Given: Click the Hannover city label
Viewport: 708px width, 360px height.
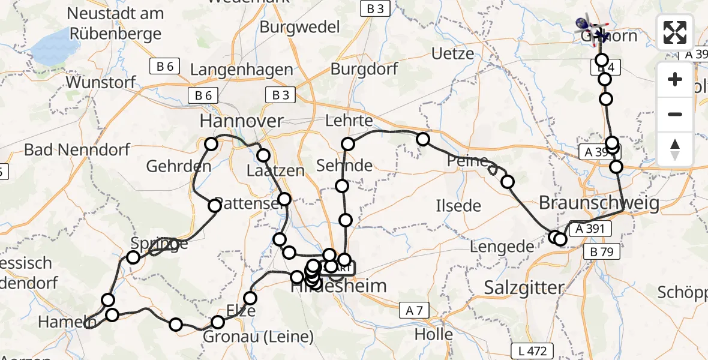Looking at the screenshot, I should point(241,122).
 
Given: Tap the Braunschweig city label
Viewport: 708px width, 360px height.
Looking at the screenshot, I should point(599,203).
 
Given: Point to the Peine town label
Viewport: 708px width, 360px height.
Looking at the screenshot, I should point(467,161).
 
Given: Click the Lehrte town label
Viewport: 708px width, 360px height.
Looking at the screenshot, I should point(349,121).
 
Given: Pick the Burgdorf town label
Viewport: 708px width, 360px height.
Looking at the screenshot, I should point(361,69).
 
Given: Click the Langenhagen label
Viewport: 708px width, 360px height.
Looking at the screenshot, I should point(241,70).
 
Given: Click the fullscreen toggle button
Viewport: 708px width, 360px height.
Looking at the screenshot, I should point(675,32).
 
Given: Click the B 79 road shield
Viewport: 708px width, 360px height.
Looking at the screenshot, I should point(602,253).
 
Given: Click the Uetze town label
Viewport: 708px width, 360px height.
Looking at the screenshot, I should point(453,54).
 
